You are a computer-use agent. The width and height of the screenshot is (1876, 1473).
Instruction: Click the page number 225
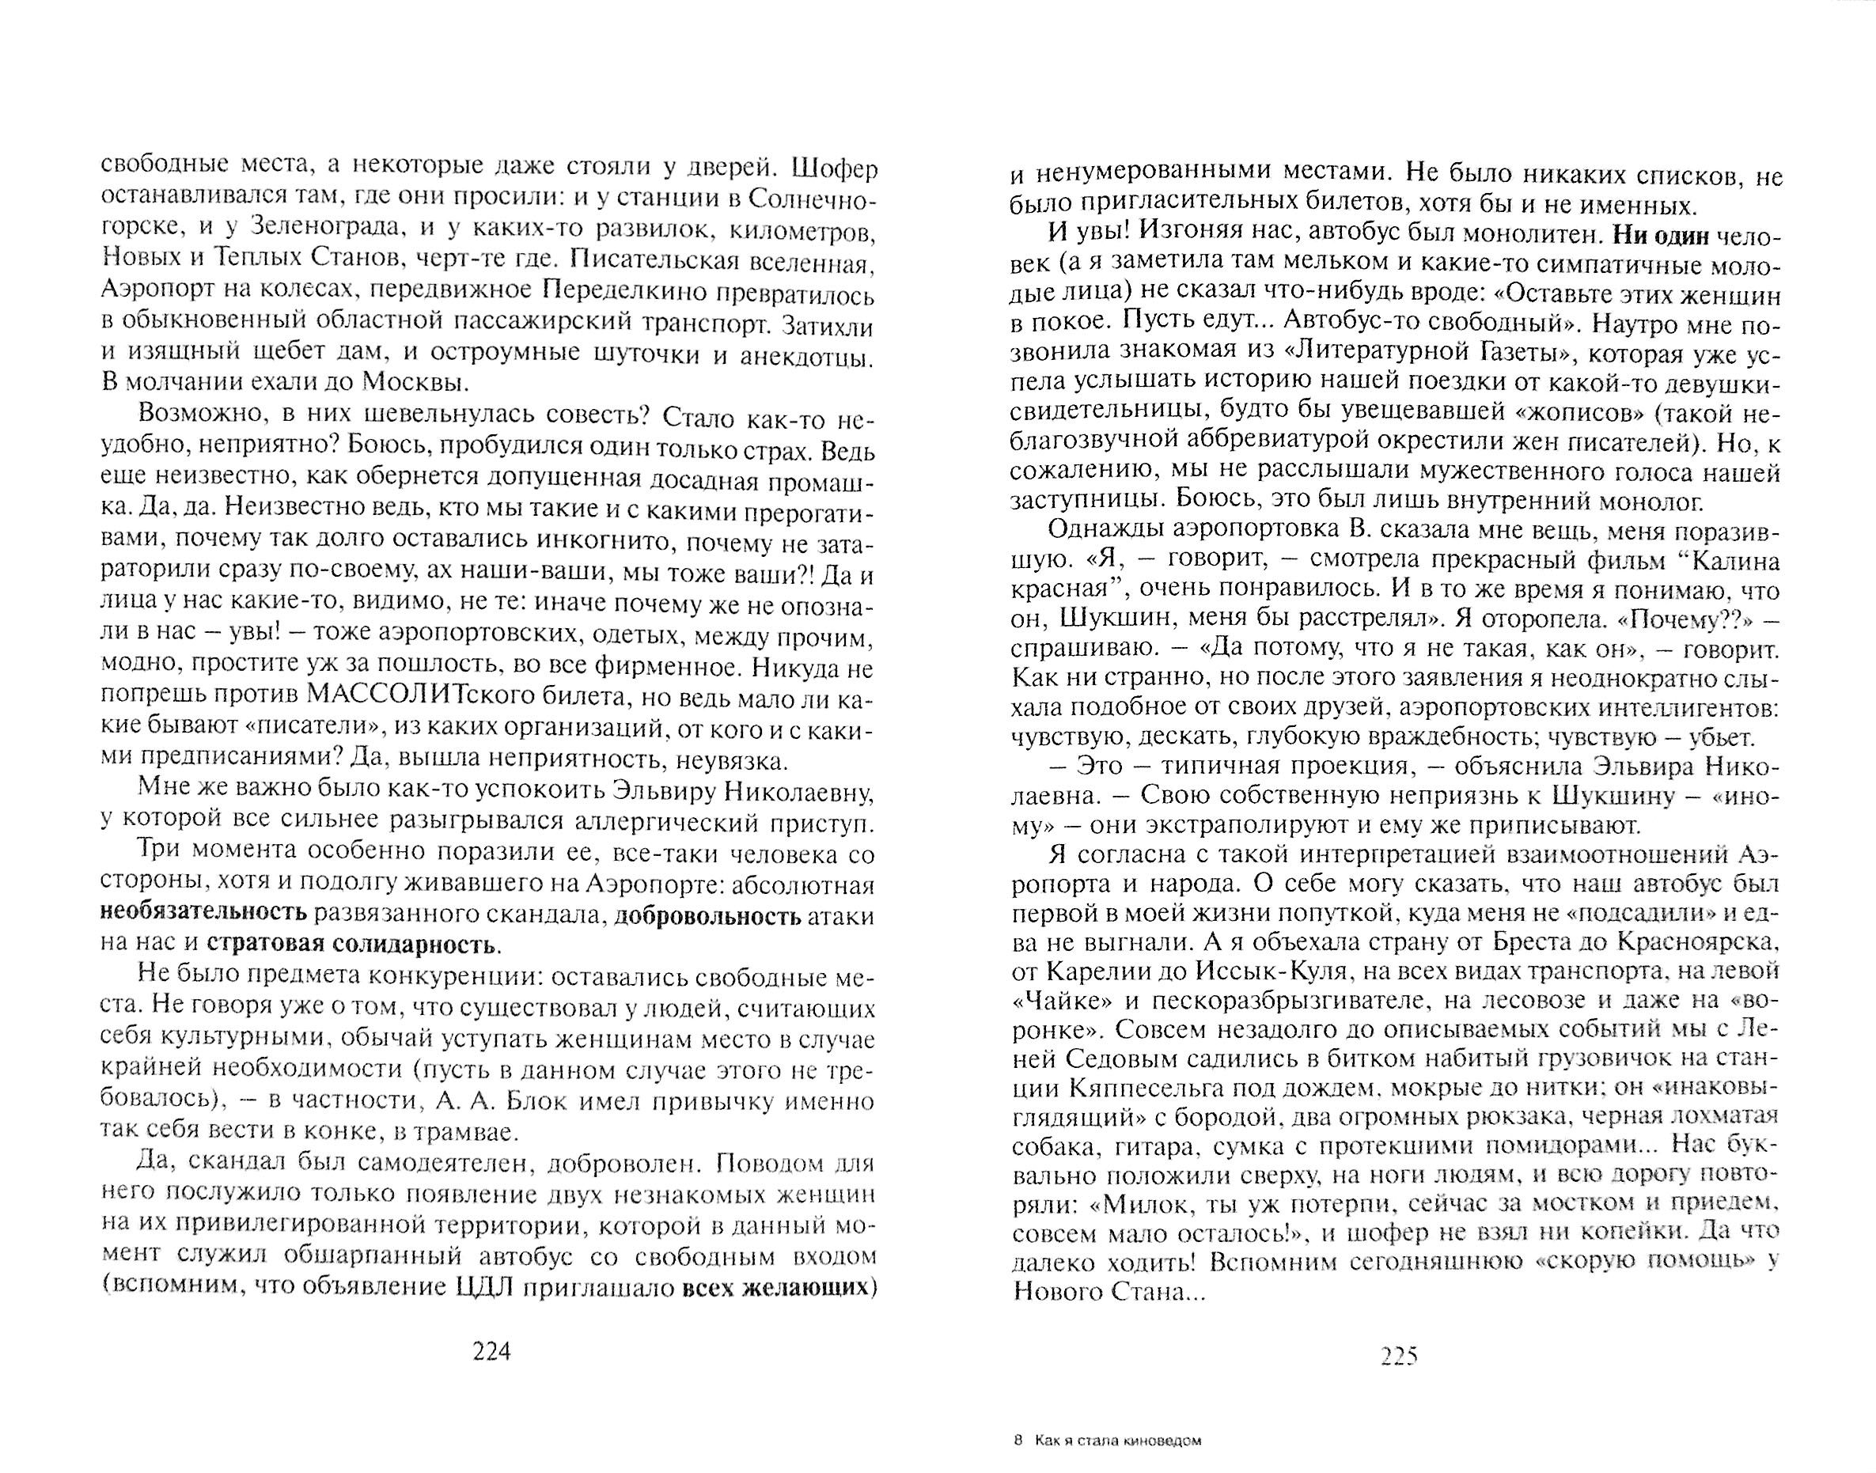pos(1399,1357)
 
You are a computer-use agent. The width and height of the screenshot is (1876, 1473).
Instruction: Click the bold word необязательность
pos(203,914)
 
